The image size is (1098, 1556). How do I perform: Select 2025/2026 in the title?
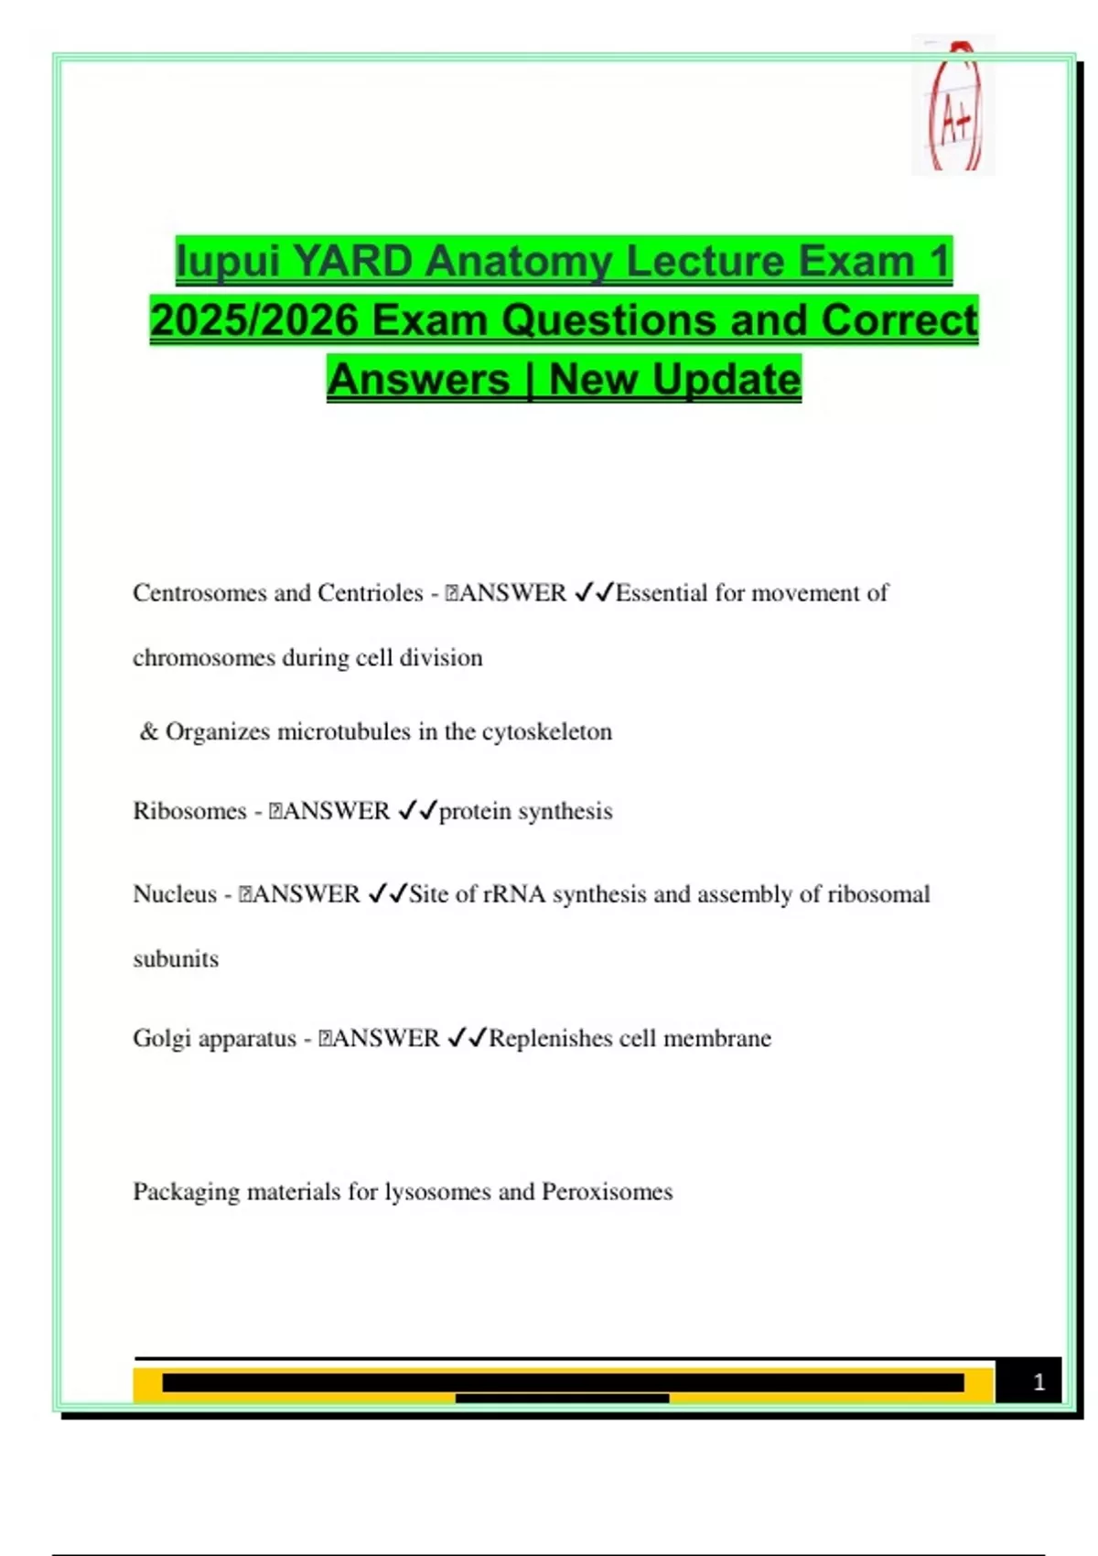click(253, 321)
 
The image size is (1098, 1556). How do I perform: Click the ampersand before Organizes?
click(149, 731)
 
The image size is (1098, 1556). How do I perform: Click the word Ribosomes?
click(189, 811)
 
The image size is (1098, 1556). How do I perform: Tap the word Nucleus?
click(175, 894)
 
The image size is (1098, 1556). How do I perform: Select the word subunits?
click(176, 959)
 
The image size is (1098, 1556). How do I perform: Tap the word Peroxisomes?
click(607, 1192)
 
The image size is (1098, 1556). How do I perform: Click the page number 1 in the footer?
click(1039, 1382)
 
